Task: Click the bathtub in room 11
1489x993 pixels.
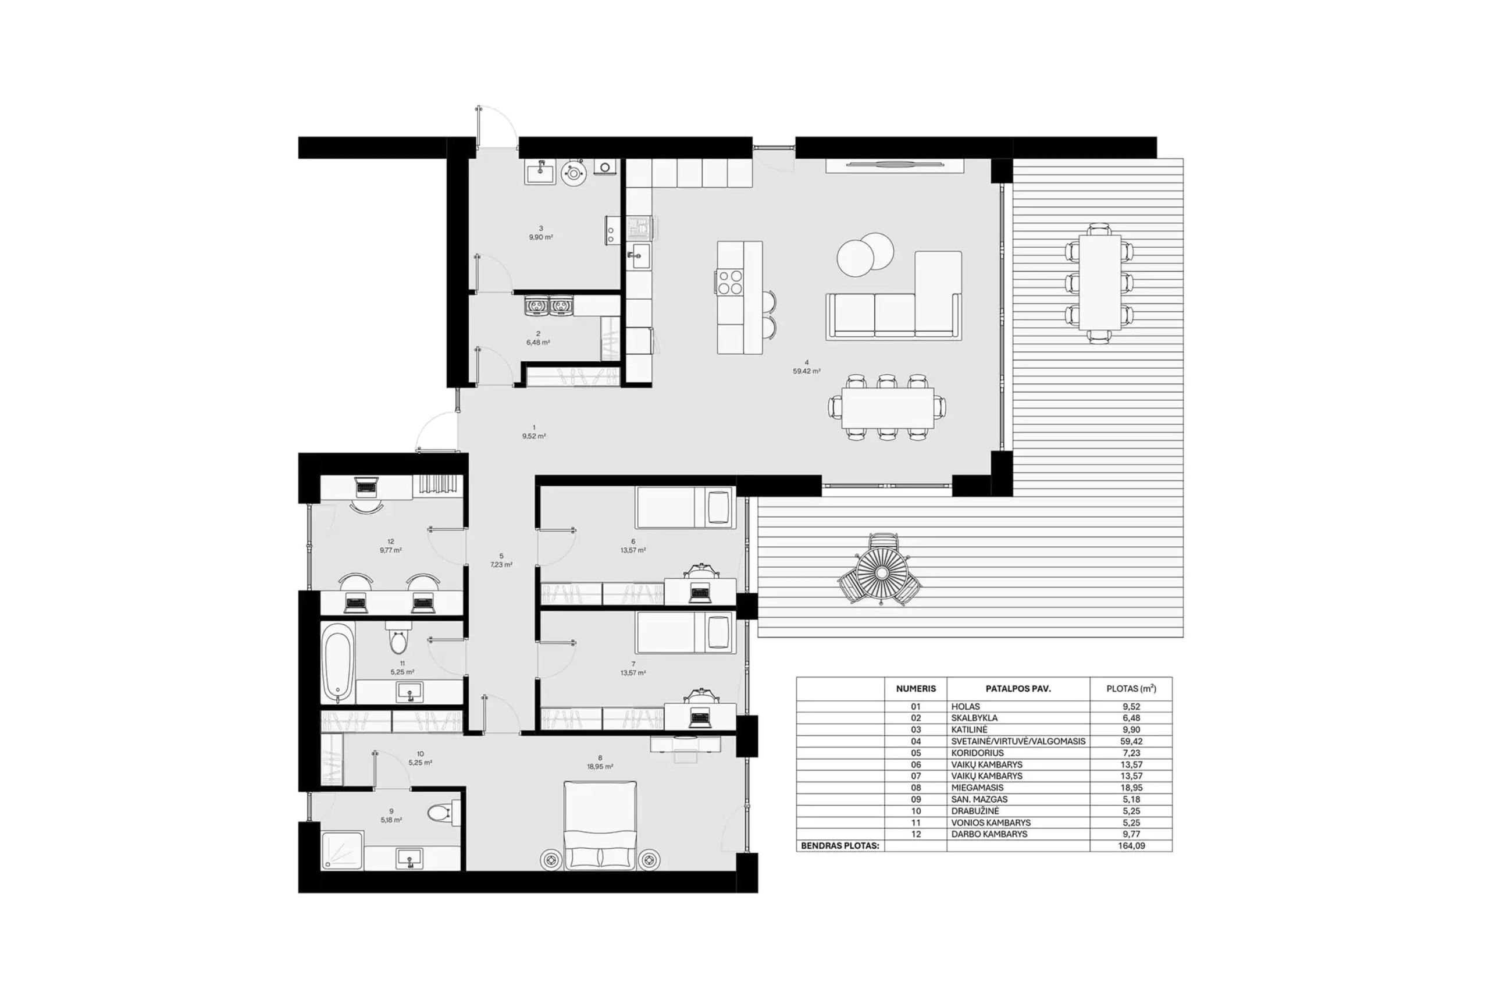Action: coord(337,663)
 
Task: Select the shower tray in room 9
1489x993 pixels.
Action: coord(343,850)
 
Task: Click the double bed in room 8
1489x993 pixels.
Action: coord(600,825)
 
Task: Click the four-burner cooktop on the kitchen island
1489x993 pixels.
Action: coord(730,283)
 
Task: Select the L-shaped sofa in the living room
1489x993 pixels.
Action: coord(894,296)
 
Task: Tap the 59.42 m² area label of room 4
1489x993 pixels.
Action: coord(807,371)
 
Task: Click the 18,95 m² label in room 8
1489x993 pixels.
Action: coord(600,766)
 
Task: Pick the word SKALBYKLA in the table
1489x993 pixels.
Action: coord(974,717)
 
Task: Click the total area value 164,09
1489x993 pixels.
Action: coord(1131,845)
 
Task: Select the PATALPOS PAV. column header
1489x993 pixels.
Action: coord(1018,688)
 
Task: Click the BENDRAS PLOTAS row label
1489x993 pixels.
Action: coord(840,845)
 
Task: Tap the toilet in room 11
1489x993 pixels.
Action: coord(398,637)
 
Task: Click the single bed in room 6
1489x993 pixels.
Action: coord(685,507)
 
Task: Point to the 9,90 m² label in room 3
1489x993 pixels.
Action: coord(541,237)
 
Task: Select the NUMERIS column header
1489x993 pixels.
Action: coord(916,688)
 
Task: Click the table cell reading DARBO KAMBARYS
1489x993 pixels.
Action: coord(989,834)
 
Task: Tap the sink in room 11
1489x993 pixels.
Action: coord(409,692)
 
